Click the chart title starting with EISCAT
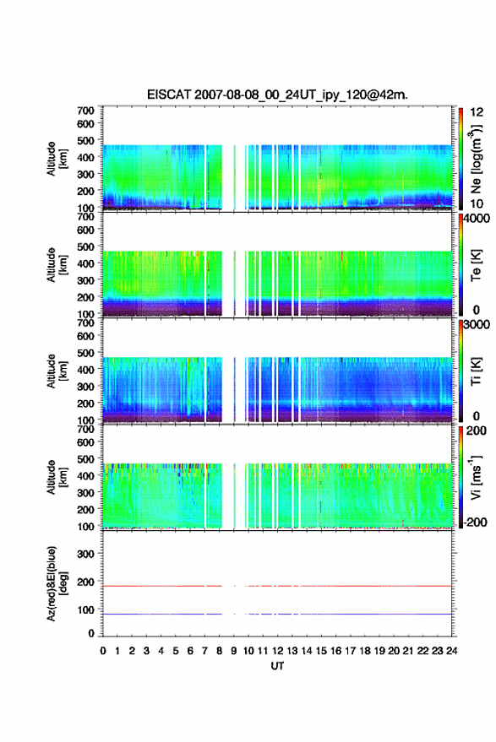pos(277,95)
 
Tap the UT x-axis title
pos(277,666)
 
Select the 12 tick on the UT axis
pos(278,651)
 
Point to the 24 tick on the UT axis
pos(451,651)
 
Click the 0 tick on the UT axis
pos(103,651)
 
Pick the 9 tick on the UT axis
pos(233,651)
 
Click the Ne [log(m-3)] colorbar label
pos(476,159)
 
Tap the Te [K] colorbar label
pos(476,265)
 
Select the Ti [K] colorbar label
pos(476,371)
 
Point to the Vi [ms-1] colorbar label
pos(476,477)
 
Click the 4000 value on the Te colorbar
pos(477,219)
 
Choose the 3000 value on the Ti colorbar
pos(477,325)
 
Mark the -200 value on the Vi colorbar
pos(475,522)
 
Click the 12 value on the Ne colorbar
pos(477,112)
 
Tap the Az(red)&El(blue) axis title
pos(57,583)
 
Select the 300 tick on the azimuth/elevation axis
pos(85,554)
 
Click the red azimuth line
pos(277,586)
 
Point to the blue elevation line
pos(277,615)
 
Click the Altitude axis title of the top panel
pos(57,159)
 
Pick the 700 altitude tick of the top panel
pos(85,111)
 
